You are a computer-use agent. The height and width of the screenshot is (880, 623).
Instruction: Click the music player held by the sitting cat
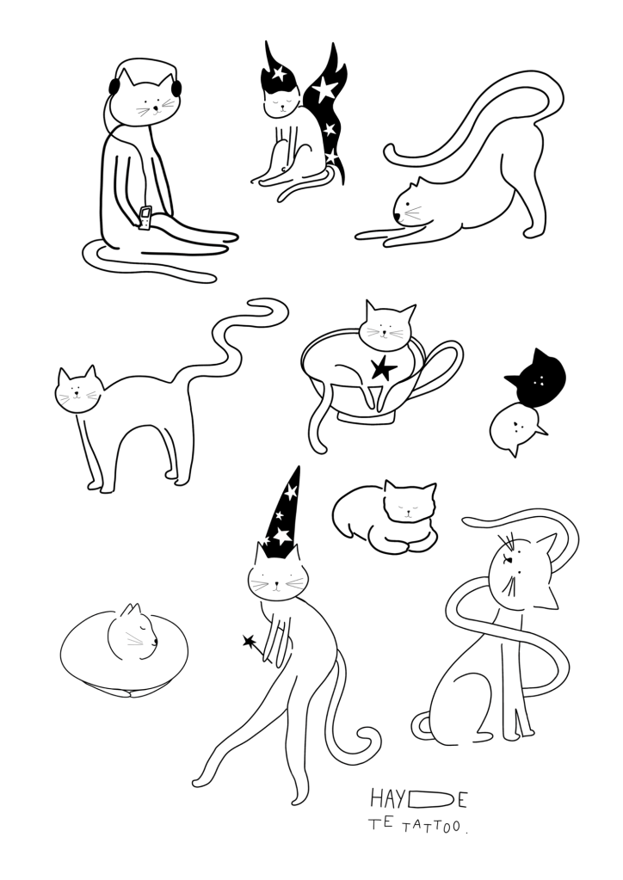coord(146,218)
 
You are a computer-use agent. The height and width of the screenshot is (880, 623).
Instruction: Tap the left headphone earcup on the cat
coord(114,86)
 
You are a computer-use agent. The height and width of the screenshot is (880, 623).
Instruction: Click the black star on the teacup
coord(383,370)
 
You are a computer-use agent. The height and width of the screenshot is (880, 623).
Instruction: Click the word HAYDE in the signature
coord(418,799)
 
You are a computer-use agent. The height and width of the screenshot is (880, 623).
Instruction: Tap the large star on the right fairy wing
coord(325,89)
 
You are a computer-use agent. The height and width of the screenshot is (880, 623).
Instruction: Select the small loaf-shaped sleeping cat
coord(387,516)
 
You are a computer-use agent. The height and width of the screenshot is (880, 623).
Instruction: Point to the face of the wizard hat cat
coord(277,581)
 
